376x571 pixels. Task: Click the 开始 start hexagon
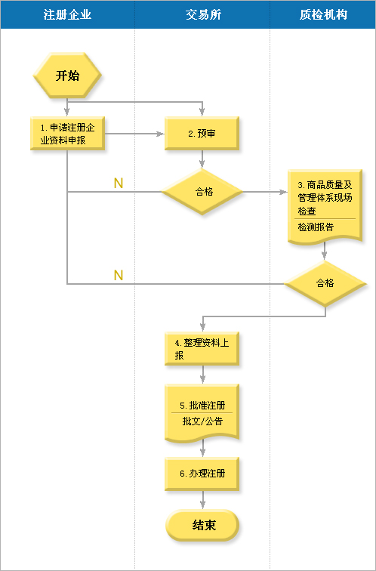67,76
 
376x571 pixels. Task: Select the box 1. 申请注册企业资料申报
67,133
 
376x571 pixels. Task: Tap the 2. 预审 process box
202,133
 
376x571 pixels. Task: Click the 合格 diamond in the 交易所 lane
202,192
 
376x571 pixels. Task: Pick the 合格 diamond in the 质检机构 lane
325,283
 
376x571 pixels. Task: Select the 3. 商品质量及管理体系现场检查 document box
325,206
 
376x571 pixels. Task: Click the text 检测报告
316,227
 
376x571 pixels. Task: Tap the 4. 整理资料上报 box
202,348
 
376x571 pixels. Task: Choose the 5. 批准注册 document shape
202,413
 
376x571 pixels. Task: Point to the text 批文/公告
202,421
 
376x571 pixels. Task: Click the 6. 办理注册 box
202,474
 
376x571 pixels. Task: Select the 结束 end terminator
202,525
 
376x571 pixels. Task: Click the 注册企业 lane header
67,14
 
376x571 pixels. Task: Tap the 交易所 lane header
203,14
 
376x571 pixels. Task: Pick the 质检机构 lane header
323,14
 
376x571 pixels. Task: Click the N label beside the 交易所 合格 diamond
119,184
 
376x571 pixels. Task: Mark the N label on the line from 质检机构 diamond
119,275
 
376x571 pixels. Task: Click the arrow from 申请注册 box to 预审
134,134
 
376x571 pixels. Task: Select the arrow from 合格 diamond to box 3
265,192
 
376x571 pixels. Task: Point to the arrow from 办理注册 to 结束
202,500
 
